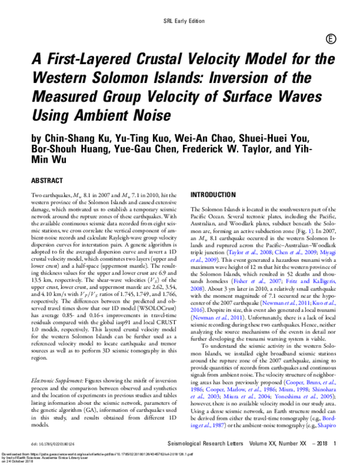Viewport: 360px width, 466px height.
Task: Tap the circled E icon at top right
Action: [331, 39]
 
